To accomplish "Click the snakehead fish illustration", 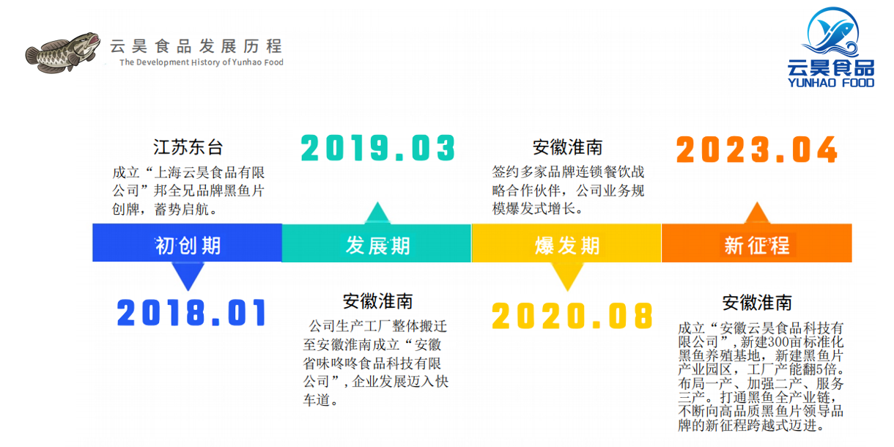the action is coord(63,53).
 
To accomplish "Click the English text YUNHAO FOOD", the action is coord(831,83).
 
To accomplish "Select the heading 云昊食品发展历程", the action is coord(196,46).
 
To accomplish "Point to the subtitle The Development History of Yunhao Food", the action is coord(202,62).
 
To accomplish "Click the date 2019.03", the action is coord(377,148).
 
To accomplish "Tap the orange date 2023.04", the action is coord(757,149).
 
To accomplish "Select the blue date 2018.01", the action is coord(191,312).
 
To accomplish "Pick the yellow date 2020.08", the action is coord(572,316).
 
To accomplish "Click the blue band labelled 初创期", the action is coord(187,243).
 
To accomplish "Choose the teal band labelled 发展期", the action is coord(377,243).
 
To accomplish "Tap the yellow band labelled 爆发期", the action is coord(566,243).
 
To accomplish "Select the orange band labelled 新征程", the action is coord(757,243).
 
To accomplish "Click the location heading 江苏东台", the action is coord(188,147).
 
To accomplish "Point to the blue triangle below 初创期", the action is coord(188,276).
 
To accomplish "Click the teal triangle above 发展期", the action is coord(377,213).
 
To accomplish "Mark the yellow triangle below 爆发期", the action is coord(567,276).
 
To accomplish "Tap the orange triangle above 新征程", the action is coord(757,213).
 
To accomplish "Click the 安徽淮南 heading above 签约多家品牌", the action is coord(567,147).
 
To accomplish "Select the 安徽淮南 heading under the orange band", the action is coord(757,303).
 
